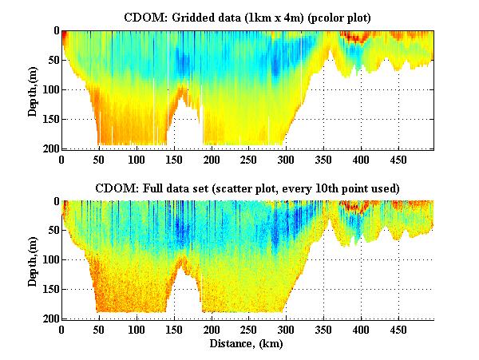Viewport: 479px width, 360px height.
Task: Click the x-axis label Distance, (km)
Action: click(x=247, y=343)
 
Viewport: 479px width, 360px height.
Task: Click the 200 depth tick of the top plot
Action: click(x=49, y=148)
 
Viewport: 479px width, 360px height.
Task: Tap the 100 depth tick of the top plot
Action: click(x=49, y=89)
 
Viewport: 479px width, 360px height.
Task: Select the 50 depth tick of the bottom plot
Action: click(x=53, y=231)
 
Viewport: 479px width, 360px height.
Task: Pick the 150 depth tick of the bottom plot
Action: click(x=49, y=289)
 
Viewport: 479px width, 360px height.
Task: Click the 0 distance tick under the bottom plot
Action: click(x=62, y=329)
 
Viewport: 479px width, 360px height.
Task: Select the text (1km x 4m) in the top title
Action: click(x=274, y=16)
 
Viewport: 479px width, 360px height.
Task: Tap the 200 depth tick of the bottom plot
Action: click(x=49, y=318)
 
